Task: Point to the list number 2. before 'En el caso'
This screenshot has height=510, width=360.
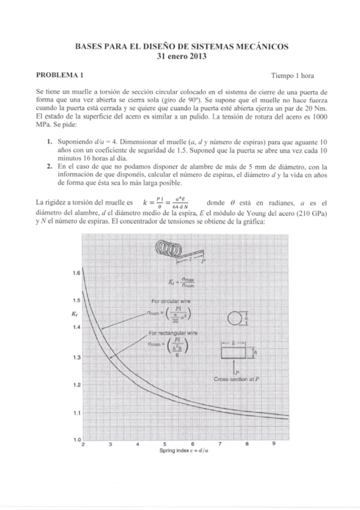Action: [50, 165]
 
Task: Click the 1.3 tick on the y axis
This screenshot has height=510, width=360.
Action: [76, 358]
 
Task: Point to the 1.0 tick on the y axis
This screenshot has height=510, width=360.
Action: [76, 441]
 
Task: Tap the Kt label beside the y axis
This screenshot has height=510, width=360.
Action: [74, 313]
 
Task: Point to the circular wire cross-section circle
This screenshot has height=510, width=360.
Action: [234, 319]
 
